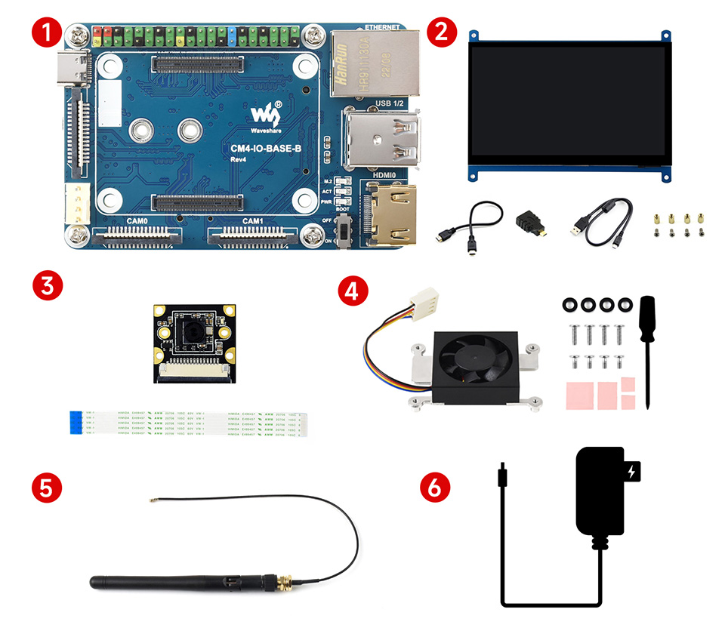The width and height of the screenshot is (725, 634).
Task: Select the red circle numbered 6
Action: point(434,487)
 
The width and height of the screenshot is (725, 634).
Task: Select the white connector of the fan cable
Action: point(430,300)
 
